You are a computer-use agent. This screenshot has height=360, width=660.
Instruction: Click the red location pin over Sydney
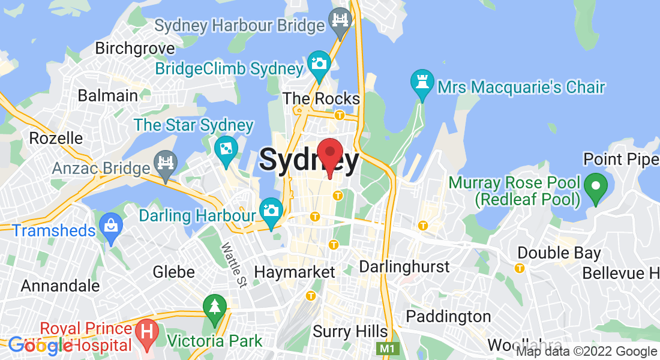click(329, 154)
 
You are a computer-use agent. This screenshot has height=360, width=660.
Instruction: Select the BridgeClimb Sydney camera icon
click(319, 62)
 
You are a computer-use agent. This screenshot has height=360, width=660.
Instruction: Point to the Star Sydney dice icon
click(226, 148)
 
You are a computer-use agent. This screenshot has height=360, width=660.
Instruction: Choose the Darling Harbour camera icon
click(271, 211)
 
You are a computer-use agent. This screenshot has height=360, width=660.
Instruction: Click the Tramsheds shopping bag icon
click(111, 226)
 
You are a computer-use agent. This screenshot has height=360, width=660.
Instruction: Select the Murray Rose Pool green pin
click(595, 185)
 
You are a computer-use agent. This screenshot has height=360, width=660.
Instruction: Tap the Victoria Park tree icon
click(214, 307)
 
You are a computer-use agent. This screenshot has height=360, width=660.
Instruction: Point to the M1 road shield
click(386, 348)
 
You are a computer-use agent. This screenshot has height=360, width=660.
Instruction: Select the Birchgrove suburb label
click(135, 48)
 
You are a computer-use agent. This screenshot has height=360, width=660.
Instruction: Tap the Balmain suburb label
click(108, 95)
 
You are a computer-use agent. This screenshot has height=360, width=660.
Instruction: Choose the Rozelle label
click(56, 138)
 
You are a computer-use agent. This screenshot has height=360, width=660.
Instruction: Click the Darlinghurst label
click(404, 266)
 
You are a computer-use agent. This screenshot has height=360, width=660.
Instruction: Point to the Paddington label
click(448, 316)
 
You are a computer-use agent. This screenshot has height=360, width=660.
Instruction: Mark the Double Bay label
click(559, 253)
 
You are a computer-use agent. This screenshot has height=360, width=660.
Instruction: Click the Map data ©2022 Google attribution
click(587, 352)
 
